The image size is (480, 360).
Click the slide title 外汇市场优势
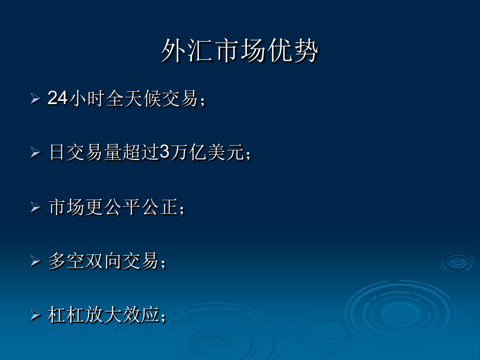point(239,51)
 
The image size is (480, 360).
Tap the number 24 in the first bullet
point(58,98)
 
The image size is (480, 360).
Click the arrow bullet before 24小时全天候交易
point(36,99)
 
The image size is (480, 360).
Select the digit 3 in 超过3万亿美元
point(165,152)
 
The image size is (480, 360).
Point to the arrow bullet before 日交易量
point(36,153)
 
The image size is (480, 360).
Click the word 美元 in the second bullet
point(226,152)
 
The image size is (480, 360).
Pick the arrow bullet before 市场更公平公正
point(36,207)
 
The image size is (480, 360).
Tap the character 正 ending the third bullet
point(170,207)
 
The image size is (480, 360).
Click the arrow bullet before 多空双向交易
point(36,261)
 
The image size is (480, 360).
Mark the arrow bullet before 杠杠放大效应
point(36,315)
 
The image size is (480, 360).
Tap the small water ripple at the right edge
point(458,262)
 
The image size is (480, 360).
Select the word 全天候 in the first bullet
point(133,99)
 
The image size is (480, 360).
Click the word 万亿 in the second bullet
point(189,152)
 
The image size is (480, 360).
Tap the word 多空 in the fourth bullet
point(67,261)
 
